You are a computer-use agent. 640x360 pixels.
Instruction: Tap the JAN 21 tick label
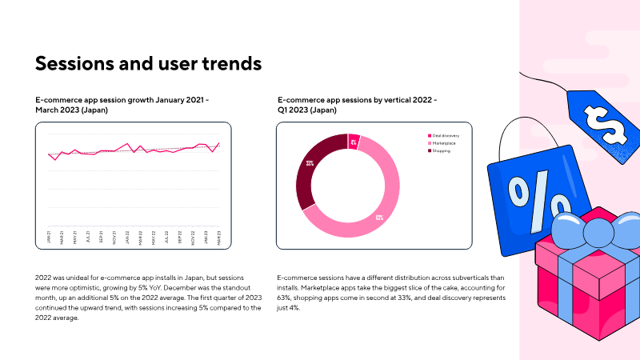pos(49,238)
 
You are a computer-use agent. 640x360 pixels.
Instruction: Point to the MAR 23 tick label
pos(219,238)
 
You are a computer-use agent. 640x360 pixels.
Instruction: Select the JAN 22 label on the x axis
pos(127,238)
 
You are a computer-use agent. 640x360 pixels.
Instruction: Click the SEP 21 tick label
pos(102,238)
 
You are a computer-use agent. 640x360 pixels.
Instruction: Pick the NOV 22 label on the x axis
pos(193,238)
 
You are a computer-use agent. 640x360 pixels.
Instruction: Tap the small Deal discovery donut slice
pos(354,142)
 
